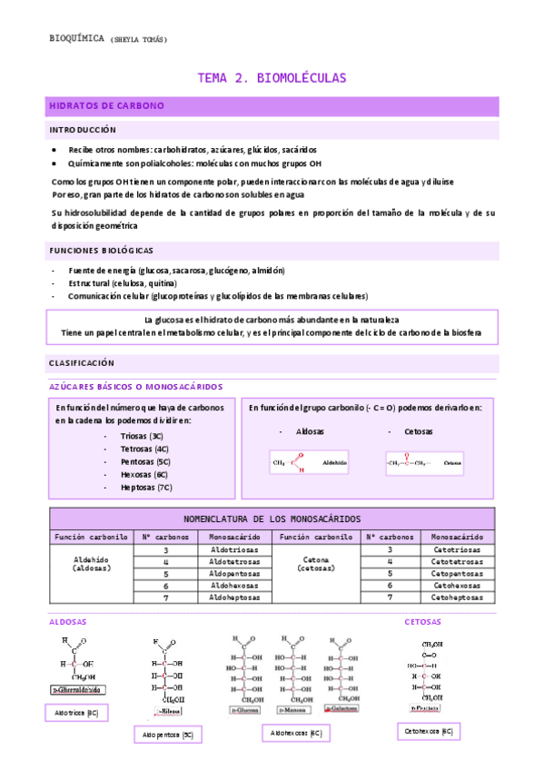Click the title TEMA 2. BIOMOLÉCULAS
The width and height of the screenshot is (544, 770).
tap(272, 78)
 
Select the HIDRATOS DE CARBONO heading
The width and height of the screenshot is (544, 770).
tap(106, 106)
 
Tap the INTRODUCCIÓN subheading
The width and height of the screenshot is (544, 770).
tap(83, 130)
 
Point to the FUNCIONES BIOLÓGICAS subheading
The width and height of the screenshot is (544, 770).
tap(101, 250)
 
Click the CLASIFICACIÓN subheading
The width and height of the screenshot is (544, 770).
tap(82, 362)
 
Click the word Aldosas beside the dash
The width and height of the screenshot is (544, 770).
tap(310, 431)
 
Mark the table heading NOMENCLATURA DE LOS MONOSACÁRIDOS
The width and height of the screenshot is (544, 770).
tap(272, 518)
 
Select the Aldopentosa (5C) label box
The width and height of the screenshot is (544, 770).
tap(167, 734)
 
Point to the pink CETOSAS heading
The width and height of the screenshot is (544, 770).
tap(422, 622)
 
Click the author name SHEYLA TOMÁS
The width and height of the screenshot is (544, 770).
tap(139, 39)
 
